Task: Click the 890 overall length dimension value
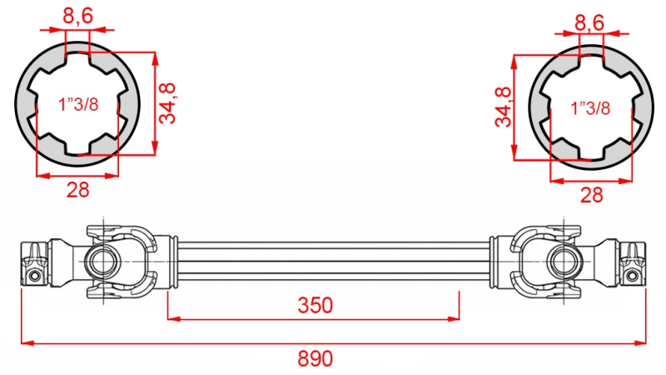point(316,359)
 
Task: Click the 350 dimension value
point(316,305)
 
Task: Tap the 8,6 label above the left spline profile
point(77,14)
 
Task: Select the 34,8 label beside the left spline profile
point(170,103)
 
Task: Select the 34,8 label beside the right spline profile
point(502,107)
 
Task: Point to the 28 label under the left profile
point(77,189)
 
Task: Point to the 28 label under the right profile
point(591,195)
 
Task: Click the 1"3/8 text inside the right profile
point(591,108)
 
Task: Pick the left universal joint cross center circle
point(102,260)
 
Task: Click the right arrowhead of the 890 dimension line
point(642,342)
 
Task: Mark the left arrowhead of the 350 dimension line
point(172,317)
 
